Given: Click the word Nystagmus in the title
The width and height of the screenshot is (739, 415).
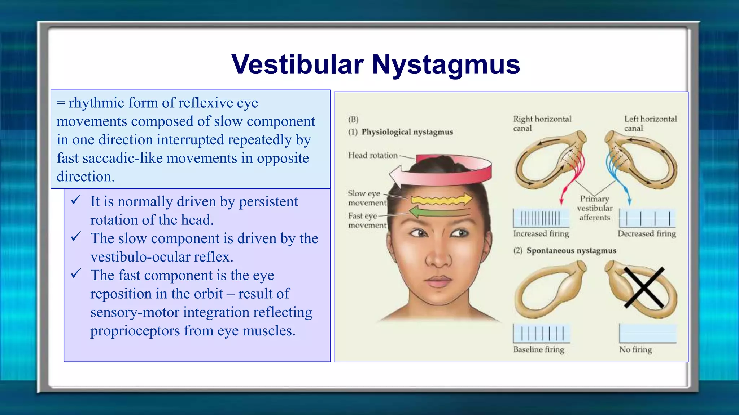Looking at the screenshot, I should [x=446, y=65].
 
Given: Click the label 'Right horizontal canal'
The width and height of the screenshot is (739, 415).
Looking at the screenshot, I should [x=542, y=123].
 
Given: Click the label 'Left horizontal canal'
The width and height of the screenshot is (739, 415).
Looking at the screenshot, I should [x=650, y=123].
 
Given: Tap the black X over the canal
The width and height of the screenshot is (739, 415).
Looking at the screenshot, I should [x=644, y=287].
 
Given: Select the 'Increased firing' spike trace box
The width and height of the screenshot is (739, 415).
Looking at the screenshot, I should [x=541, y=218].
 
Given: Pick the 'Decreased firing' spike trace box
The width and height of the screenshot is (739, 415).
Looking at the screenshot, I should [x=647, y=218].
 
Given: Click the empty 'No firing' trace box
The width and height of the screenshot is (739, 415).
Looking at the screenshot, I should [x=648, y=334].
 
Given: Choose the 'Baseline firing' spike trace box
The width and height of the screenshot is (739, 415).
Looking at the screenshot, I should [x=541, y=334].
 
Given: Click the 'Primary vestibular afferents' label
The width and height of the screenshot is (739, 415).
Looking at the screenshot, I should [x=595, y=208].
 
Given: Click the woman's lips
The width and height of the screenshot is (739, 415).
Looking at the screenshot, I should [x=438, y=281].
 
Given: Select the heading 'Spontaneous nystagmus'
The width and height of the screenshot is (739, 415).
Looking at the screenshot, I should [x=571, y=250].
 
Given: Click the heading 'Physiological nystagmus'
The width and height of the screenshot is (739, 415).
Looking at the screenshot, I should [x=407, y=132].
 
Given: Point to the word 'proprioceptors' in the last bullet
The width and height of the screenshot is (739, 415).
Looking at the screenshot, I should [x=135, y=331].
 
